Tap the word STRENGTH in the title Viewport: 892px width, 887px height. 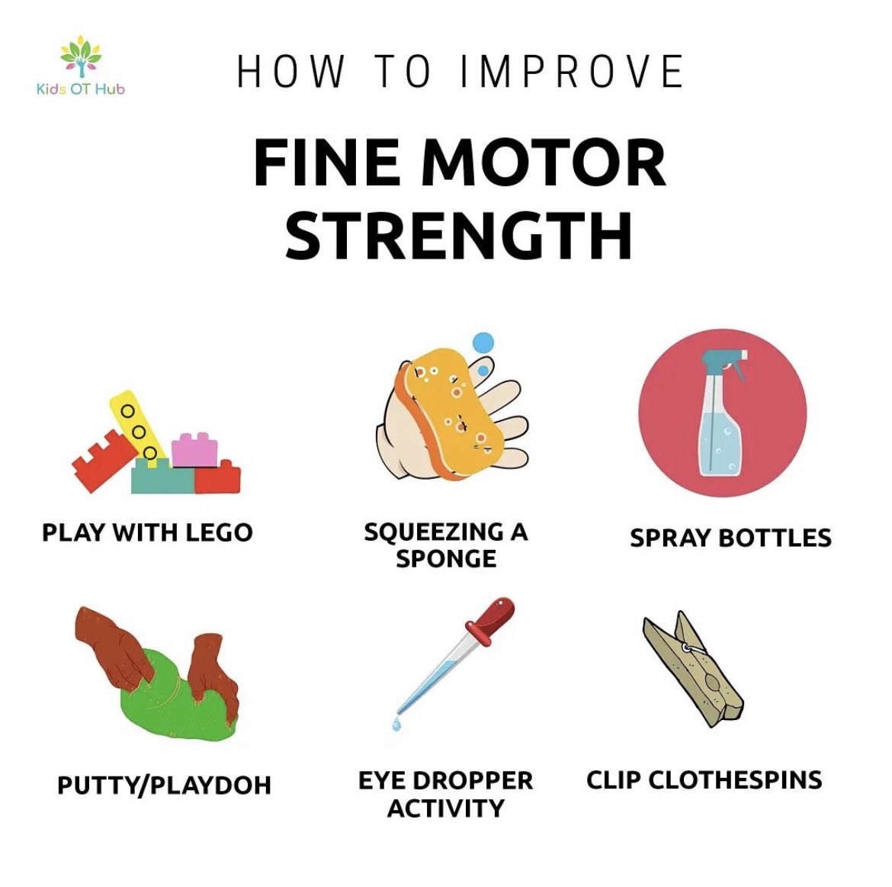coord(458,235)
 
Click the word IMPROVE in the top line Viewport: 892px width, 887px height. coord(572,71)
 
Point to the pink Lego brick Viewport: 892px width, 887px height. coord(194,450)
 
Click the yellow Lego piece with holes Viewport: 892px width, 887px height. coord(138,426)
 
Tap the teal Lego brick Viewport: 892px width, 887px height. coord(163,477)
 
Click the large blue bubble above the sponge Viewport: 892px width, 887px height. coord(483,342)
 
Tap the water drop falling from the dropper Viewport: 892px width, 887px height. coord(396,724)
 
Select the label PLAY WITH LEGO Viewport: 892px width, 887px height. coord(147,532)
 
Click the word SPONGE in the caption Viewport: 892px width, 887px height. coord(446,559)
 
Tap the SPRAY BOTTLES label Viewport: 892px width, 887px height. coord(730,538)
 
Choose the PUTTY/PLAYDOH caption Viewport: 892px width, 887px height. coord(164,785)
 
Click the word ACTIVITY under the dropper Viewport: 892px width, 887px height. coord(445,808)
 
